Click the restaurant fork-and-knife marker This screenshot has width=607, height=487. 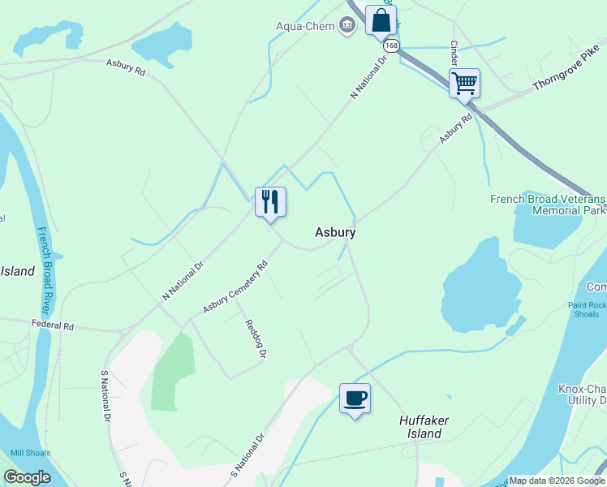point(270,200)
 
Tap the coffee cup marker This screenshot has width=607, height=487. point(355,398)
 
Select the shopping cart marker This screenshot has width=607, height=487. point(464,82)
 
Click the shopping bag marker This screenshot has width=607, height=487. point(381,20)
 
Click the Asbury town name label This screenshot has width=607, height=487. point(335,232)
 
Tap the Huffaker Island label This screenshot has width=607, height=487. point(424,427)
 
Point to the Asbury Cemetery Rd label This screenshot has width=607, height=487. point(235,287)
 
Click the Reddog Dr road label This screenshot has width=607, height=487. point(256,338)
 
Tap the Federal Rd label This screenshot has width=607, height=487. point(53,325)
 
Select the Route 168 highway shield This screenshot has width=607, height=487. point(392,46)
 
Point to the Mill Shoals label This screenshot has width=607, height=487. point(30,453)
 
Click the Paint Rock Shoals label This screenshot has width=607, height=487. point(587,310)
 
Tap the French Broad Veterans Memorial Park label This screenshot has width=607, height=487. point(547,205)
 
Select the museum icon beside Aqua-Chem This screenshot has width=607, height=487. point(347,26)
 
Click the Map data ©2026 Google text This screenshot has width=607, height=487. point(557,480)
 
